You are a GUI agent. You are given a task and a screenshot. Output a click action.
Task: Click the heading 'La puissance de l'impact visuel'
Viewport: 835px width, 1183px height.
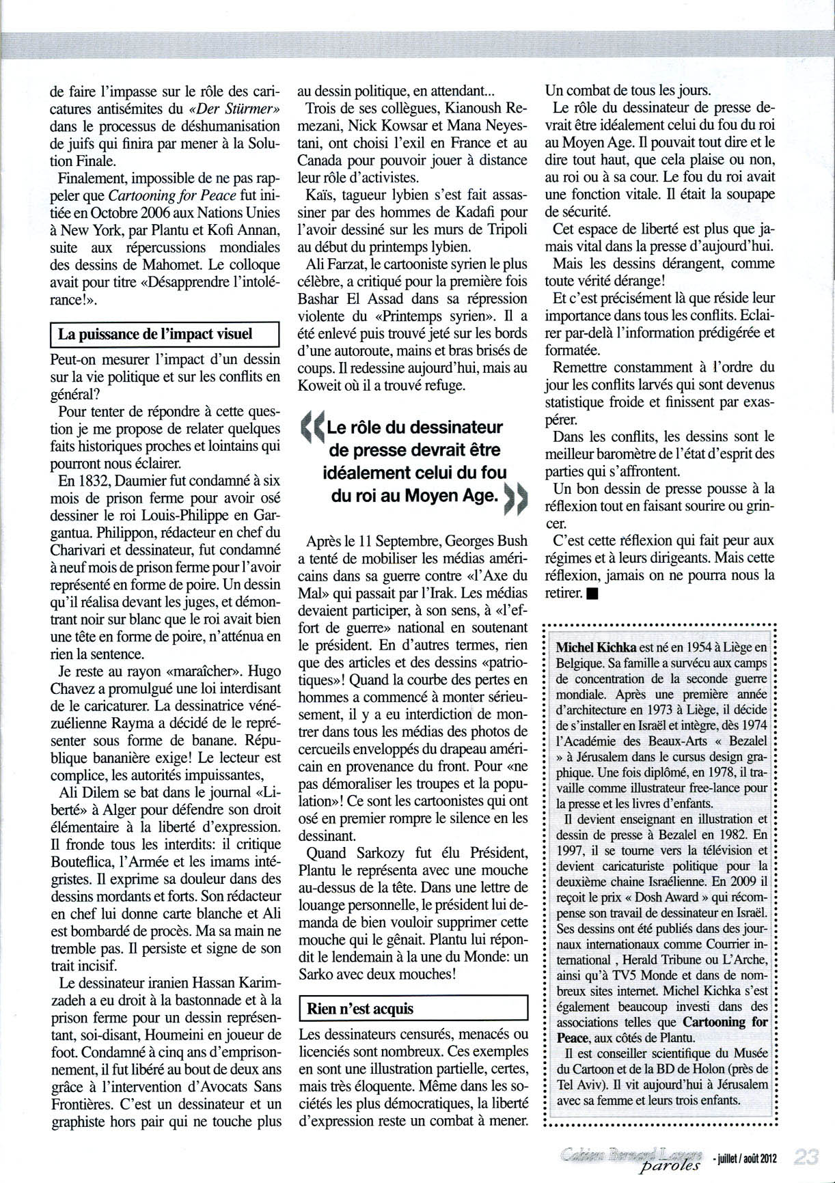click(156, 334)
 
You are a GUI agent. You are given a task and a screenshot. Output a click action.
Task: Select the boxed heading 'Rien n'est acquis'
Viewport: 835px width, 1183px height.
click(361, 1008)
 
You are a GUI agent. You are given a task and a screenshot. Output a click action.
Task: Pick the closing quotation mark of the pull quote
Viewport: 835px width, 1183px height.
click(516, 499)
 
